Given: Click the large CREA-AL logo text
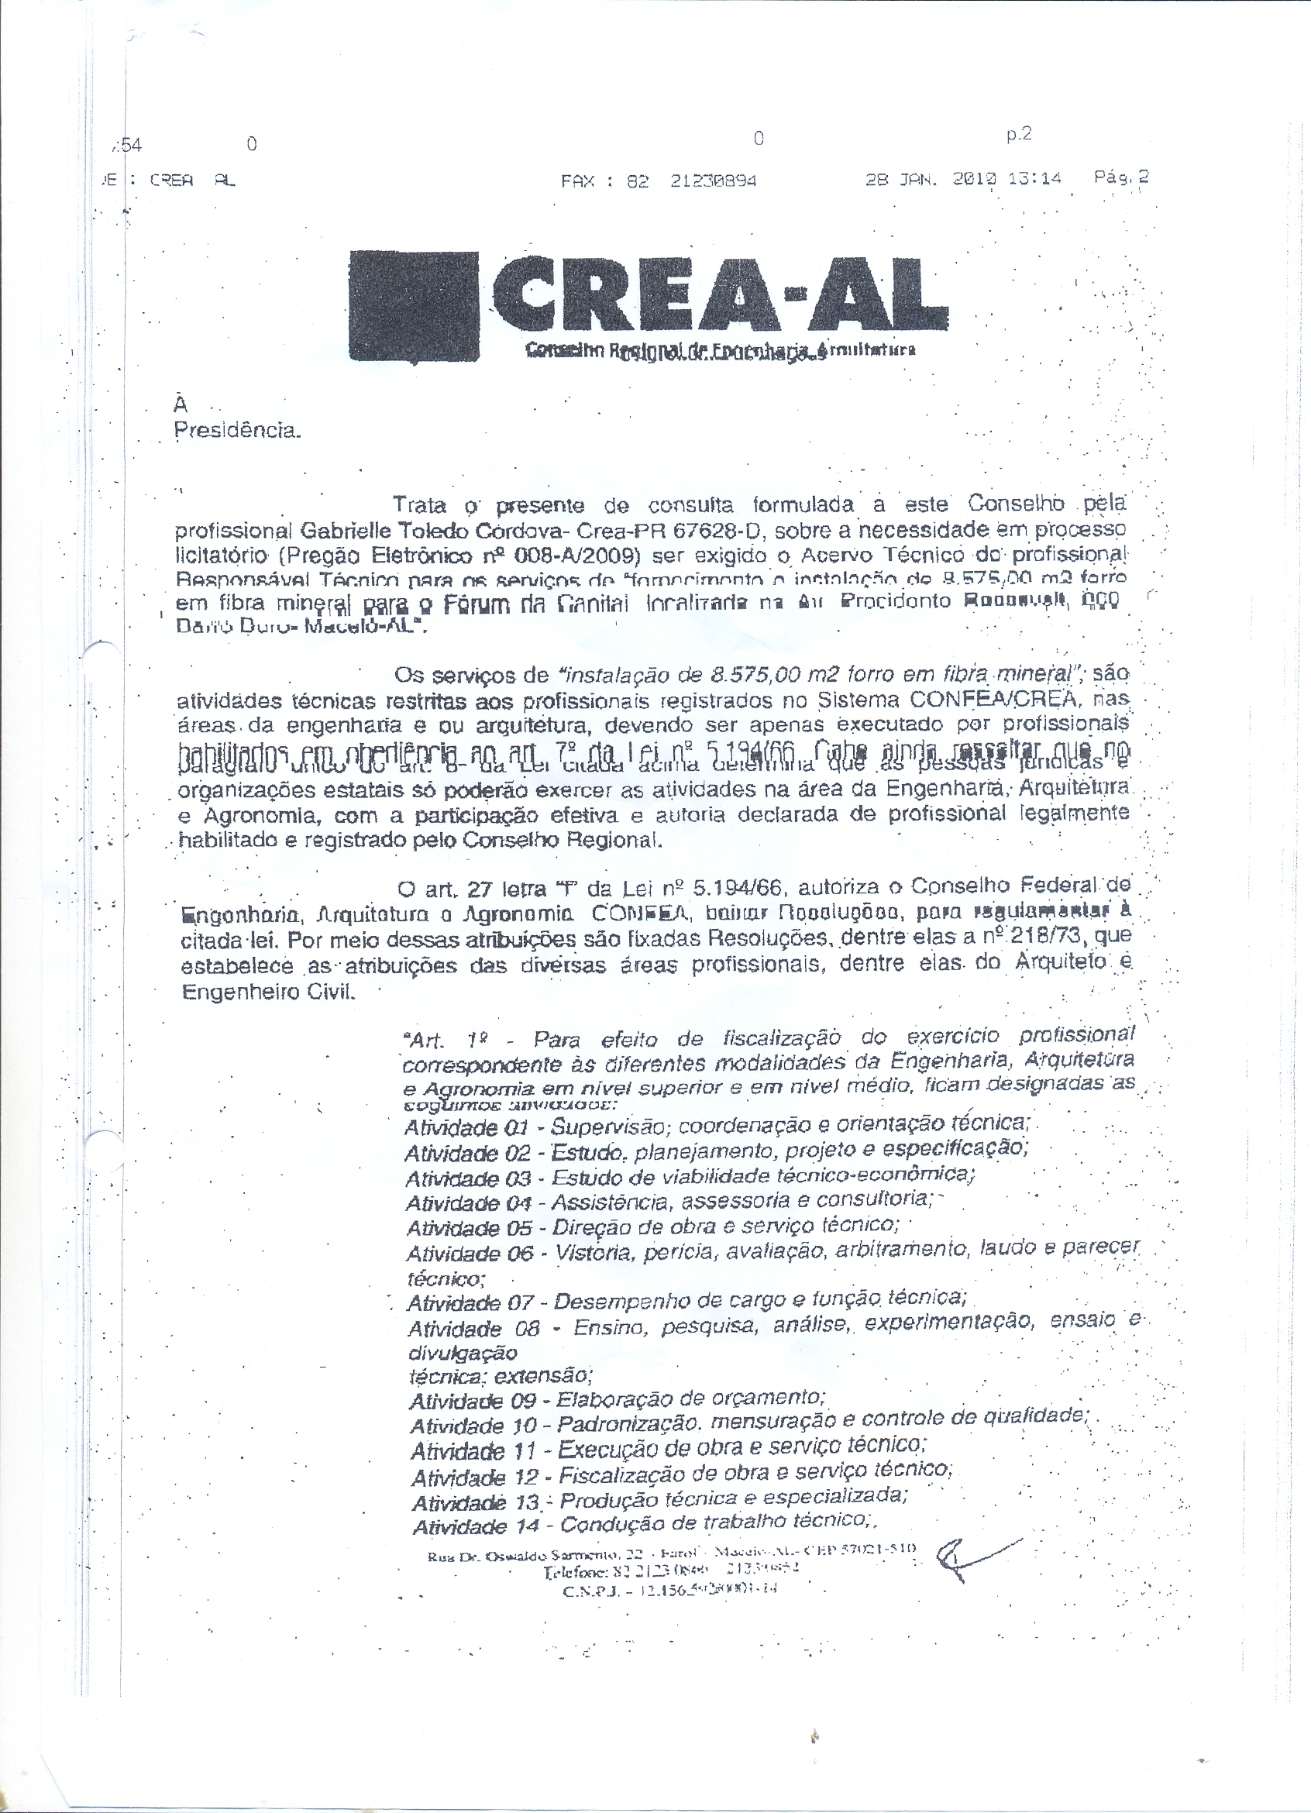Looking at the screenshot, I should [x=720, y=300].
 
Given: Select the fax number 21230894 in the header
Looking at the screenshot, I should [x=713, y=181].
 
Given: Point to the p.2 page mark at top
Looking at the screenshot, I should [x=1018, y=134].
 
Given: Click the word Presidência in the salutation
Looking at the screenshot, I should [x=236, y=431].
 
